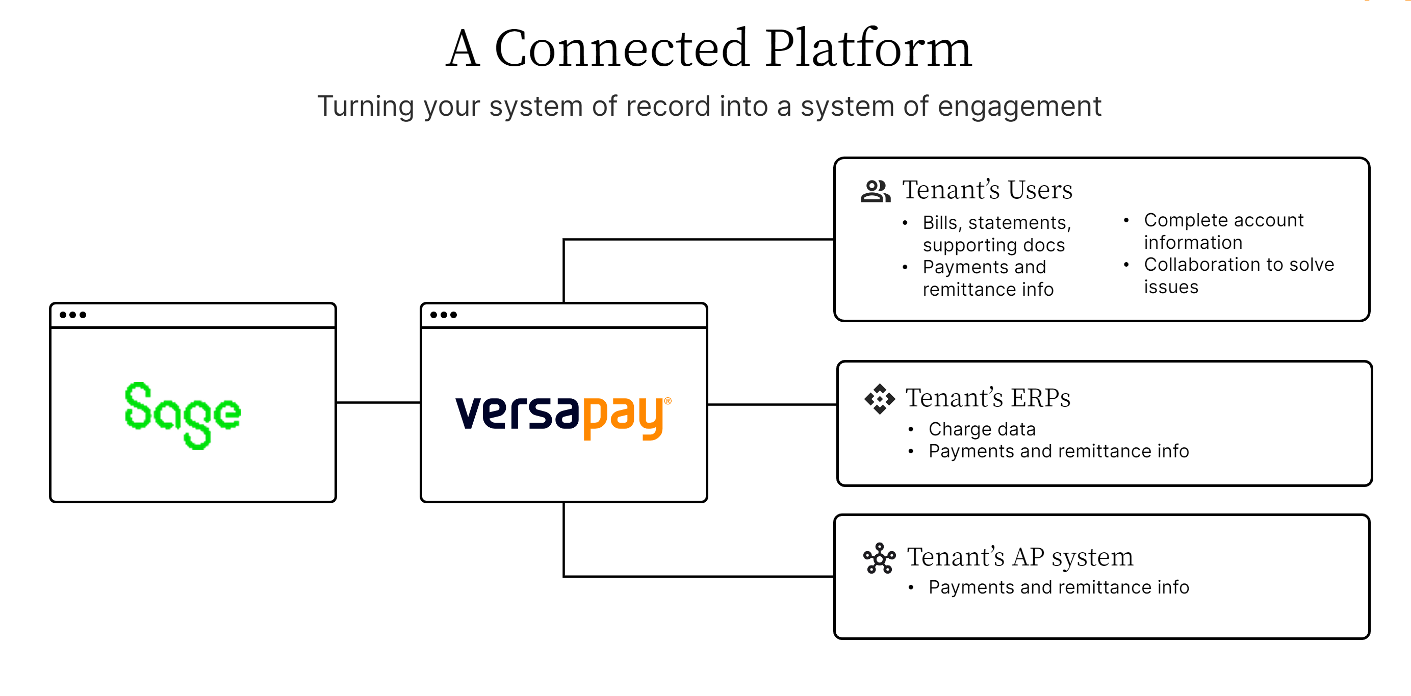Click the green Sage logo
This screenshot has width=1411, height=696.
(183, 415)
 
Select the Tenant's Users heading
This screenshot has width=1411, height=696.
(987, 190)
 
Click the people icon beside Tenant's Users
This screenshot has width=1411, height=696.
(875, 191)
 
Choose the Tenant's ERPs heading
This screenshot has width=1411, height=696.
(988, 398)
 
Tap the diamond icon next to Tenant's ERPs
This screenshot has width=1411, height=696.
(879, 399)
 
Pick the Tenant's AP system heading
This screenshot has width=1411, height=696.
(1019, 557)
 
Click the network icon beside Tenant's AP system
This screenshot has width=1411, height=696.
(879, 558)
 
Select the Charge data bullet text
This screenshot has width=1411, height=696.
(982, 429)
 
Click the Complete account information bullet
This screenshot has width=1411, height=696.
(1223, 231)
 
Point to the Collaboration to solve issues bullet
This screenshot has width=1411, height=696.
(1238, 275)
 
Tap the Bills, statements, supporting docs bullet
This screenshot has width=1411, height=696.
(996, 234)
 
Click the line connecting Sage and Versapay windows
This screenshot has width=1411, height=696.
(378, 402)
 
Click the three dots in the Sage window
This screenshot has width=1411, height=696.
(73, 315)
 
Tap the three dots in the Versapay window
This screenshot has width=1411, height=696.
(443, 315)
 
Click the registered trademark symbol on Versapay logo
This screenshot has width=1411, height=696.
(667, 401)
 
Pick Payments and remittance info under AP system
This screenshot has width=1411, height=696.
(1058, 587)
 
